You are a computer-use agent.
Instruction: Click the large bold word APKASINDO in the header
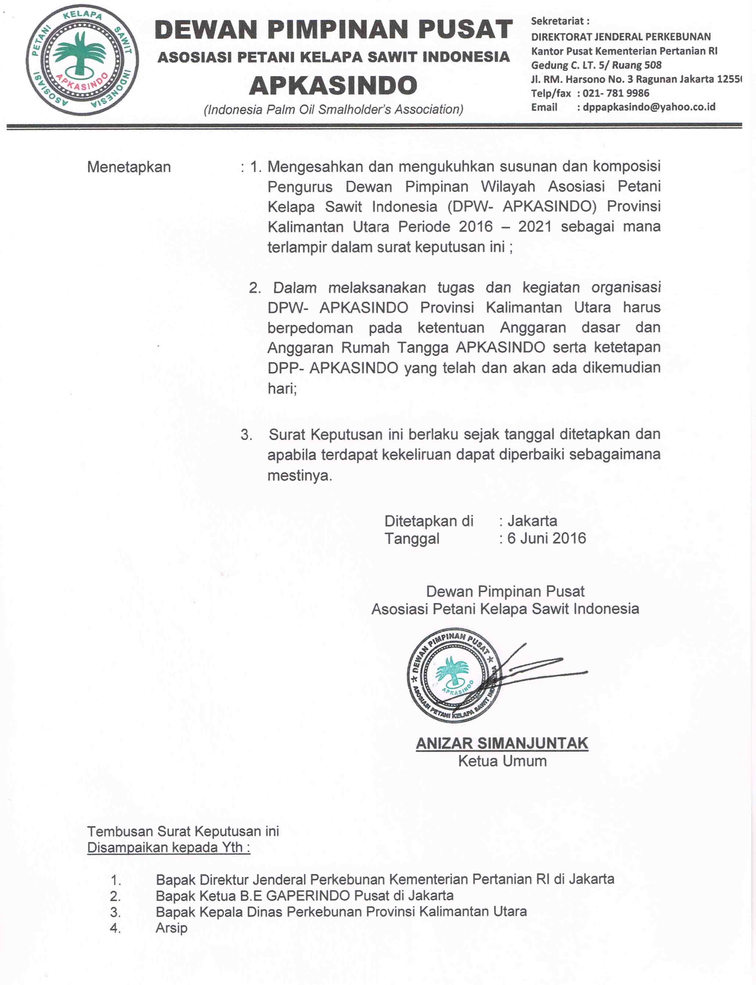tap(333, 85)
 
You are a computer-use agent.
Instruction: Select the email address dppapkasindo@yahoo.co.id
tap(649, 107)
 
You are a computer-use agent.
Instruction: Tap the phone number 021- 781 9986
tap(616, 93)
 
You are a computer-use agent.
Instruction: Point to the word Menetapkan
tap(129, 167)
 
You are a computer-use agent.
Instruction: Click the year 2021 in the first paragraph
tap(535, 226)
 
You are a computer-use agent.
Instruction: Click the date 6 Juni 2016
tap(546, 538)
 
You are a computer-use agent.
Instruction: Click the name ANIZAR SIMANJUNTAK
tap(502, 743)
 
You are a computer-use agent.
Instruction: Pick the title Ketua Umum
tap(502, 761)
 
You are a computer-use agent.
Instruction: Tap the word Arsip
tap(171, 928)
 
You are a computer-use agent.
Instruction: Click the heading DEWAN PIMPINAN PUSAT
tap(333, 30)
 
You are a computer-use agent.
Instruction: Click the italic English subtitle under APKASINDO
tap(333, 109)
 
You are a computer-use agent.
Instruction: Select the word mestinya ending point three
tap(300, 476)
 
